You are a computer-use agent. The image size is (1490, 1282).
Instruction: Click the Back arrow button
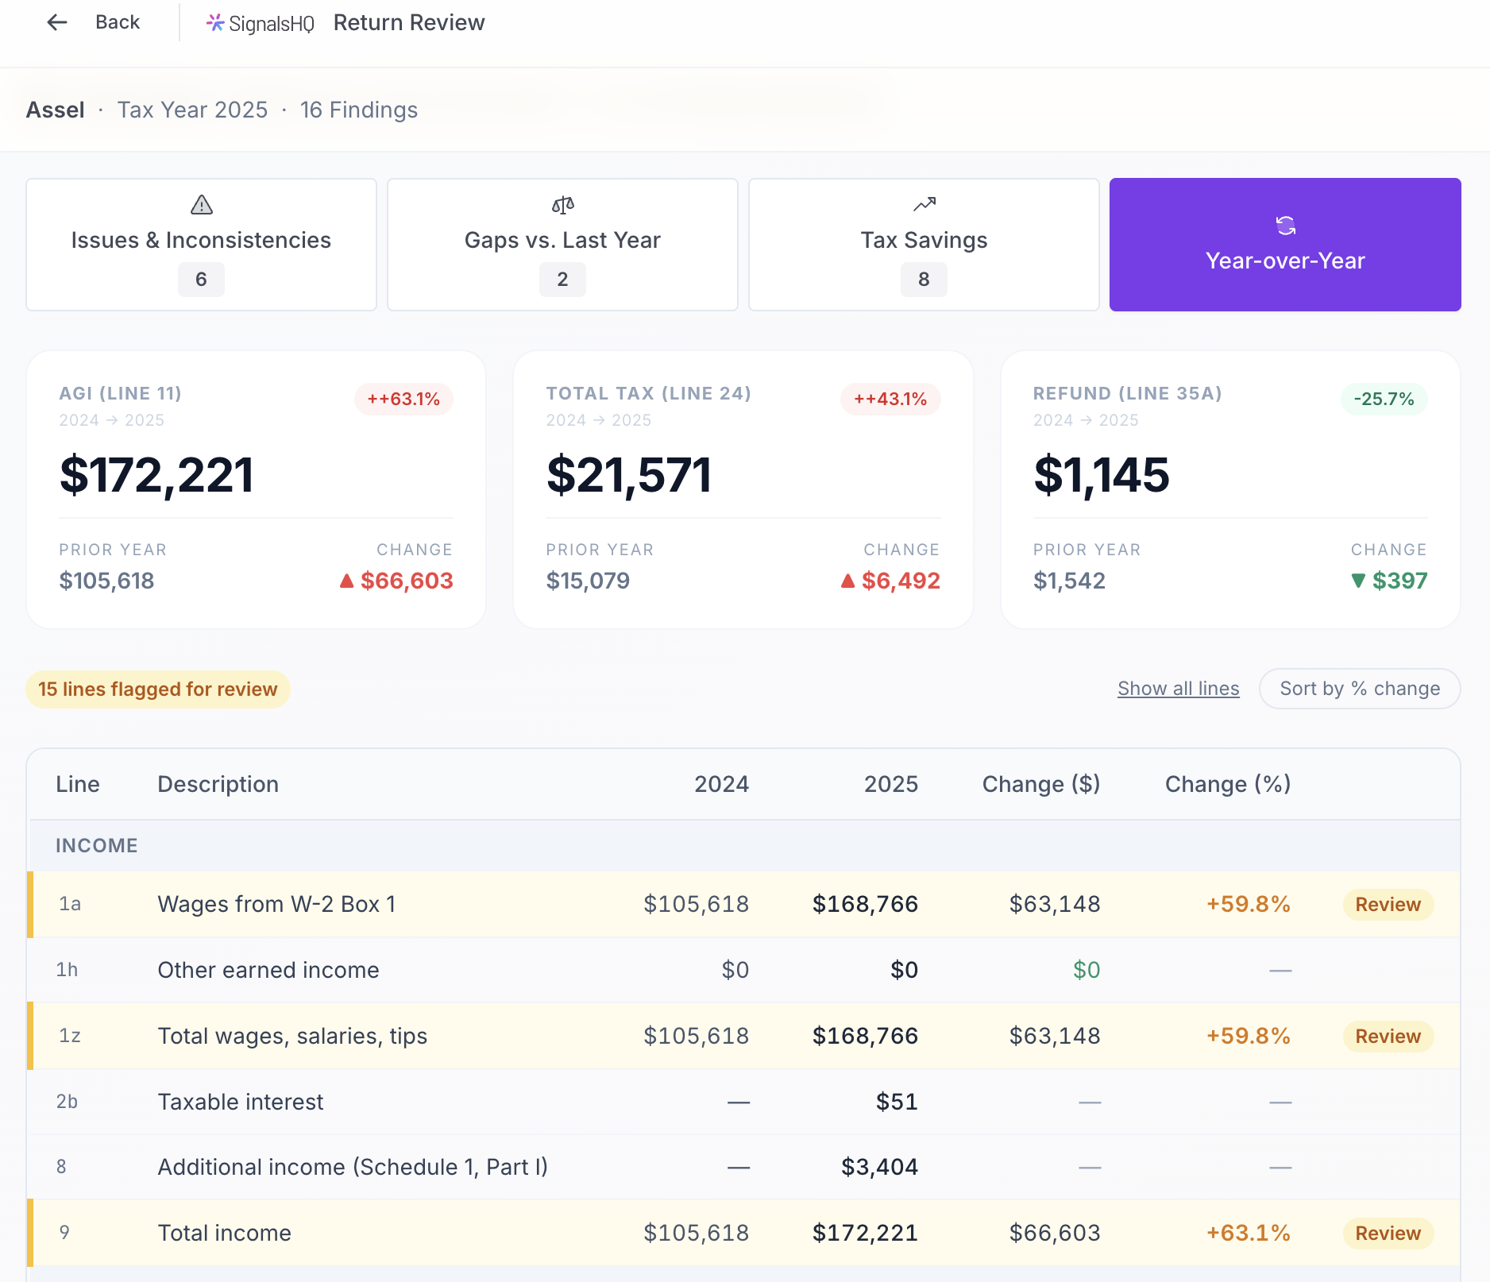[x=57, y=22]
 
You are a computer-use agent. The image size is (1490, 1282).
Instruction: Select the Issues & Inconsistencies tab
[x=201, y=245]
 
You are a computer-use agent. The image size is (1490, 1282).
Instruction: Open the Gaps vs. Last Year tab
[x=562, y=245]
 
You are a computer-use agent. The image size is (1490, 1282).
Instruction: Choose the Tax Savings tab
[x=924, y=245]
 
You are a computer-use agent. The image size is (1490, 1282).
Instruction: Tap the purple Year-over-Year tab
[x=1285, y=245]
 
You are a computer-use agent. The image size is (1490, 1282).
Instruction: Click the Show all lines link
[x=1178, y=689]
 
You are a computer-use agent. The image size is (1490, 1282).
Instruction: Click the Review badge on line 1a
[x=1388, y=905]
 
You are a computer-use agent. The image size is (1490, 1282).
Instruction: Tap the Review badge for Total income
[x=1388, y=1234]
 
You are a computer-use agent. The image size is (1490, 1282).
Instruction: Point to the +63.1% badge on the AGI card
[x=403, y=399]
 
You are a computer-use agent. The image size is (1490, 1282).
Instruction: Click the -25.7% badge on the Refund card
[x=1384, y=399]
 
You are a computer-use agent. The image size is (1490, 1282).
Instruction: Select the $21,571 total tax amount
[x=629, y=475]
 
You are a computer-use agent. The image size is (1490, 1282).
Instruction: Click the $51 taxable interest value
[x=897, y=1102]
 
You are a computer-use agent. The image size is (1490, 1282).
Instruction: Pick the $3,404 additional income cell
[x=879, y=1167]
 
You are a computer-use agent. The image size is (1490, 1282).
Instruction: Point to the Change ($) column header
[x=1040, y=784]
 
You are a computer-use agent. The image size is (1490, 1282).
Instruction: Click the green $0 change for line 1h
[x=1087, y=970]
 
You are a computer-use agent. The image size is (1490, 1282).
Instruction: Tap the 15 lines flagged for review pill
[x=158, y=689]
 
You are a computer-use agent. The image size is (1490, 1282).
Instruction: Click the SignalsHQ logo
[x=261, y=24]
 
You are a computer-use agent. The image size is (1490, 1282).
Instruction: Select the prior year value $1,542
[x=1069, y=581]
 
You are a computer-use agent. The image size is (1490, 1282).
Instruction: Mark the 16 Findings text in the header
[x=359, y=110]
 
